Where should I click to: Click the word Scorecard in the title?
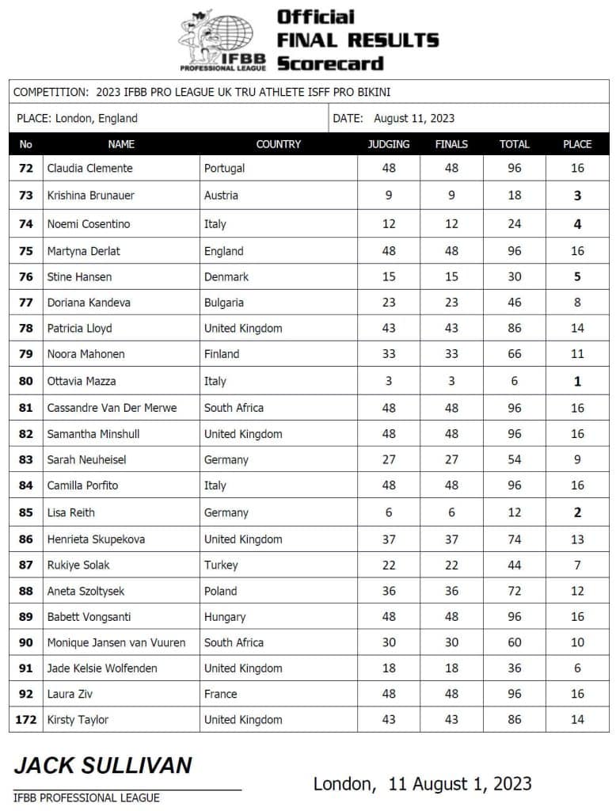[330, 64]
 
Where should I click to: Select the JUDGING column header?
[389, 144]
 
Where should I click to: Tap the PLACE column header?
[577, 144]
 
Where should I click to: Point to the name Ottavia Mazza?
[82, 381]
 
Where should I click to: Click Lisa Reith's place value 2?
[577, 512]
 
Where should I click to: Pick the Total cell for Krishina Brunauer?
[515, 196]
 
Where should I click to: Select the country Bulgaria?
[224, 302]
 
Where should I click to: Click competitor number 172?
[26, 720]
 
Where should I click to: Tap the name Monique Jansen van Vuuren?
[116, 642]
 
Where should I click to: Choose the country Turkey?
[221, 565]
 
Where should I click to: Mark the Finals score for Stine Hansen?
[451, 276]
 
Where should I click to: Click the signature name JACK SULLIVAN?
[103, 766]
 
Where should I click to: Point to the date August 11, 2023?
[414, 119]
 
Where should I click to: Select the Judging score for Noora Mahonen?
[389, 354]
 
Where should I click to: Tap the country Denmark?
[226, 276]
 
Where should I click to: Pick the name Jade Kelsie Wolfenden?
[102, 668]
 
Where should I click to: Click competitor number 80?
[26, 381]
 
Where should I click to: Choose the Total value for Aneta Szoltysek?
[515, 591]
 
